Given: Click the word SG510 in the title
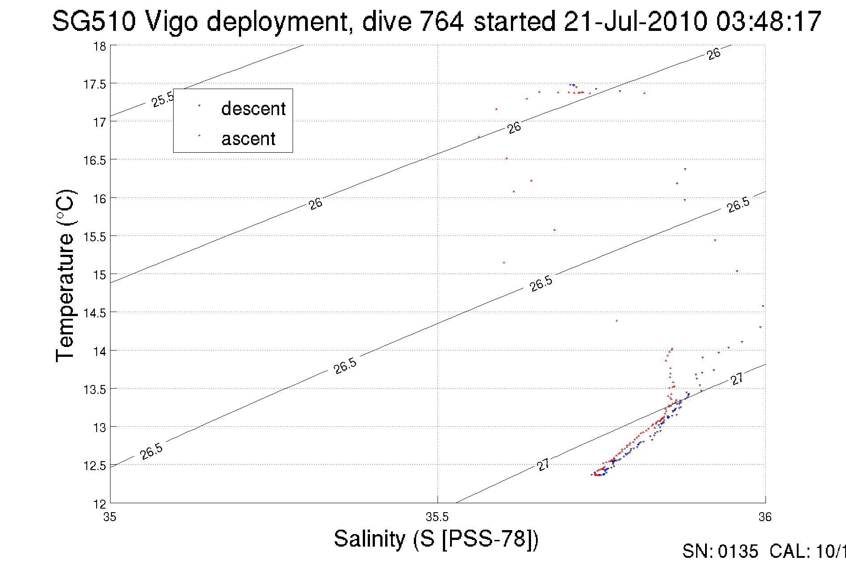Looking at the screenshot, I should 94,21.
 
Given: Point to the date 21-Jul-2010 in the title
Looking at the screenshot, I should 635,21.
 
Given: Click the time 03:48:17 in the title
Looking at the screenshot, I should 768,21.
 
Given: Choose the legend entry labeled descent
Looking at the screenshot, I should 253,109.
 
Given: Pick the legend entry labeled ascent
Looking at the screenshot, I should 248,139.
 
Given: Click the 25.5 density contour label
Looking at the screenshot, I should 162,99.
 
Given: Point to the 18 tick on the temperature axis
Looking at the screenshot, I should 100,46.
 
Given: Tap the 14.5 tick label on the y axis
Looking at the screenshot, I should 95,313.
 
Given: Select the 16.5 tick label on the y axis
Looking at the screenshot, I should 95,160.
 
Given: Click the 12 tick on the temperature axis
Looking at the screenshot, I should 100,504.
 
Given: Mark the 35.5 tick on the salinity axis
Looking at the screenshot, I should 437,518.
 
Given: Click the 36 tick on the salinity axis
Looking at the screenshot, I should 765,518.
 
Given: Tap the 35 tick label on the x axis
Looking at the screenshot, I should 110,518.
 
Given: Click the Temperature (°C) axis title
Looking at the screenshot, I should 65,275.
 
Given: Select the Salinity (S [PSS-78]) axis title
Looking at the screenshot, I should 436,539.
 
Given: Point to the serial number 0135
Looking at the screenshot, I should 738,552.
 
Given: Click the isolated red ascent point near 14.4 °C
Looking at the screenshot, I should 616,321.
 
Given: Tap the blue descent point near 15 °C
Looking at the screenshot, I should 737,271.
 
